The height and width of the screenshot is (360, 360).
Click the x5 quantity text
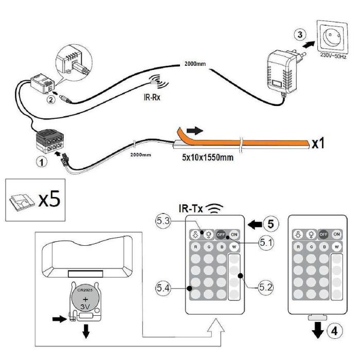(x=51, y=198)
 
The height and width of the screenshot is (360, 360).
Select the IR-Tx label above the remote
(x=191, y=209)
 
